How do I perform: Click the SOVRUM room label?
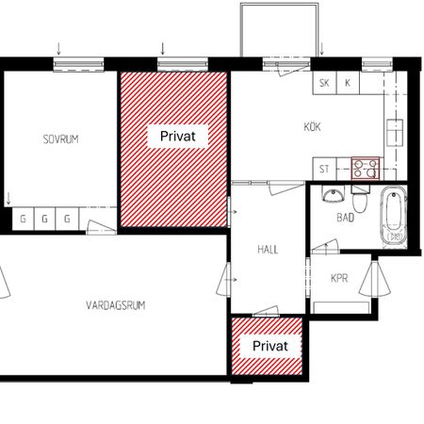(x=60, y=139)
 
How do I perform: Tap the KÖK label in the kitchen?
(x=312, y=127)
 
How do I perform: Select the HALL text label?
(x=268, y=250)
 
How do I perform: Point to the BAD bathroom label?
(x=346, y=218)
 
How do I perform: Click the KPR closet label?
(x=339, y=278)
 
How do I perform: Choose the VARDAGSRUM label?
(x=116, y=305)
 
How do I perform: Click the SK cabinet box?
(x=324, y=83)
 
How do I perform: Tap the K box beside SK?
(x=348, y=83)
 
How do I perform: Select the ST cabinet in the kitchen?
(x=324, y=169)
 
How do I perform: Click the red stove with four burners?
(x=366, y=169)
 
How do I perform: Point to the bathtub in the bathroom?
(x=394, y=215)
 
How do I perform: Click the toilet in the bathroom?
(x=359, y=199)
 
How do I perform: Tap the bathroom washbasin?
(x=334, y=194)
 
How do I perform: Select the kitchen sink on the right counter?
(x=395, y=132)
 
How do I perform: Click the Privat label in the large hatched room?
(x=178, y=137)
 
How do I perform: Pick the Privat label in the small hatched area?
(x=270, y=346)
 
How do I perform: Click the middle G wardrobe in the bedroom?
(x=44, y=219)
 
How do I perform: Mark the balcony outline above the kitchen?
(x=280, y=5)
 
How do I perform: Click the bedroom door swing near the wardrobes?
(x=101, y=227)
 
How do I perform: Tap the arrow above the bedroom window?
(x=58, y=49)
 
